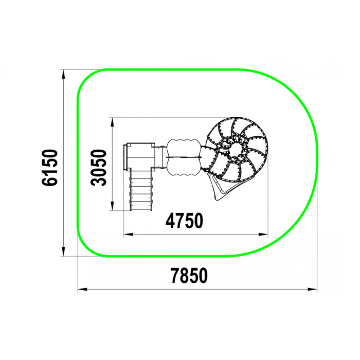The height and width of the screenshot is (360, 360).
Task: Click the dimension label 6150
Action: pos(49,167)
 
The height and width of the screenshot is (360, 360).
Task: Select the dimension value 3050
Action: pos(99,167)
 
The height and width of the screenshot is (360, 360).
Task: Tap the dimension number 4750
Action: pos(184,221)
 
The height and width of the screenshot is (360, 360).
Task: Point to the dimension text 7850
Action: pos(189,276)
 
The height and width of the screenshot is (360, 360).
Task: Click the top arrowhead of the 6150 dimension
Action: pos(64,74)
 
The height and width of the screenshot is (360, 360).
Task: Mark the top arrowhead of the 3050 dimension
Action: pos(112,122)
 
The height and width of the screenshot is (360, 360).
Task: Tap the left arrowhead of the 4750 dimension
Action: pos(129,235)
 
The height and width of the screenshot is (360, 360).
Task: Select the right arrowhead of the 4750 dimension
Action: pos(263,235)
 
